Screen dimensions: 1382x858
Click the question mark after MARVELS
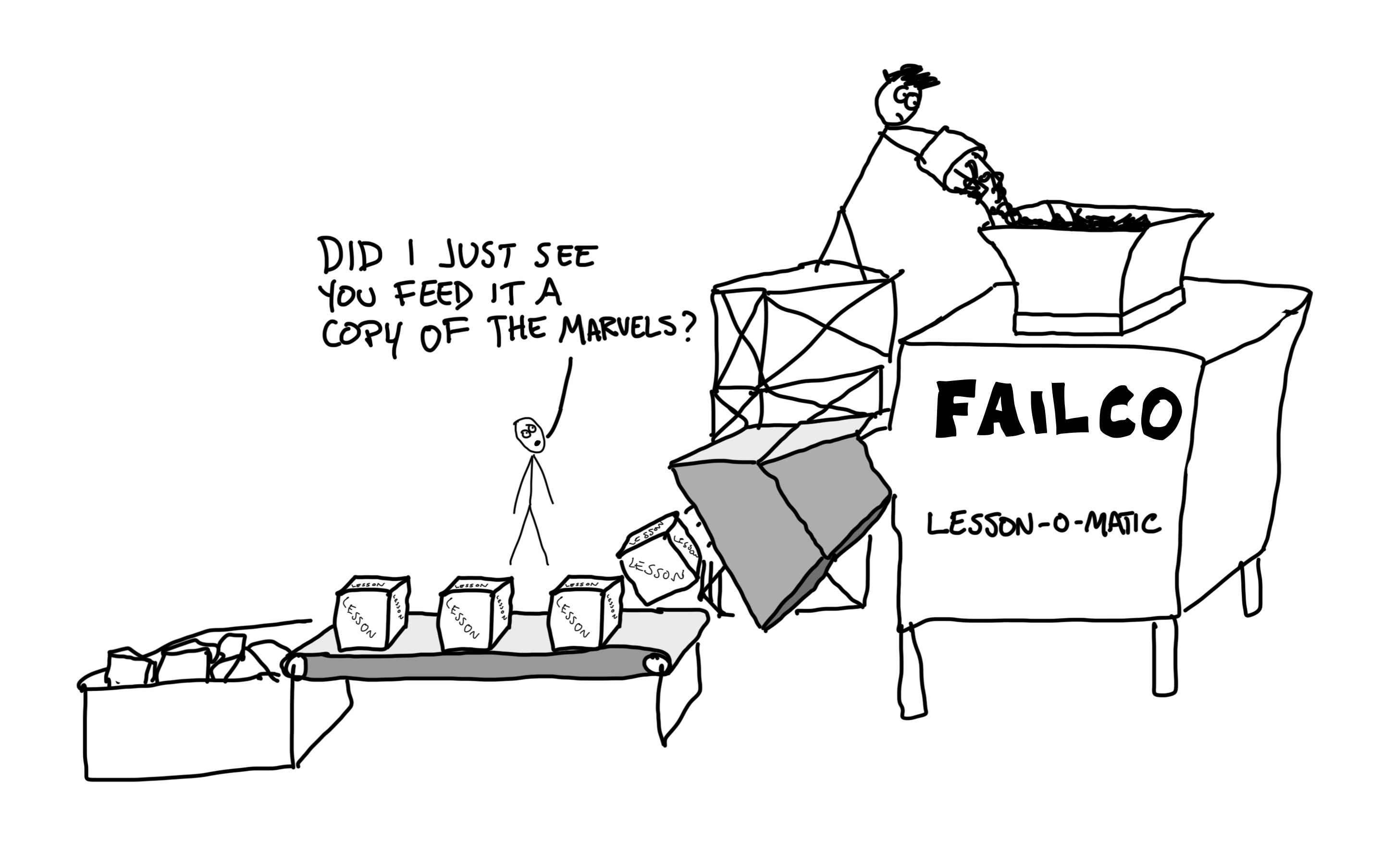tap(685, 329)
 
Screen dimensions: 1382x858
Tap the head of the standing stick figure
tap(530, 435)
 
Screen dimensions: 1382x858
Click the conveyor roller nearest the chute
tap(657, 664)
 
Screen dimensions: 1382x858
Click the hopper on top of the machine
tap(1090, 267)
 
